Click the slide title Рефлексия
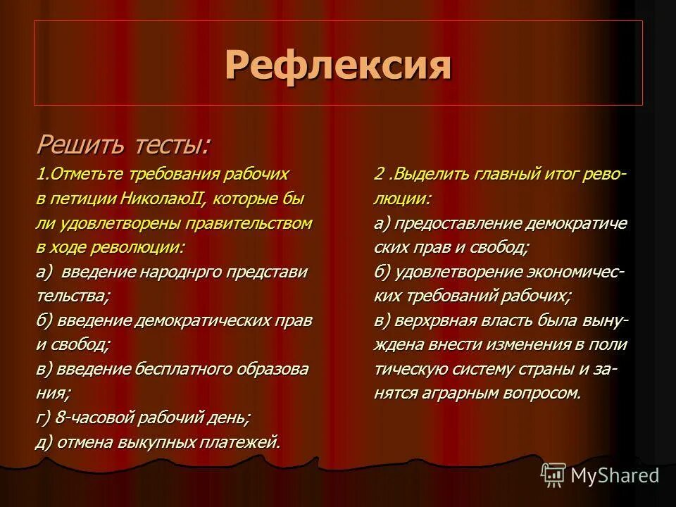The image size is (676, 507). click(338, 65)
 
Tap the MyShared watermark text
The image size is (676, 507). click(615, 475)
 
